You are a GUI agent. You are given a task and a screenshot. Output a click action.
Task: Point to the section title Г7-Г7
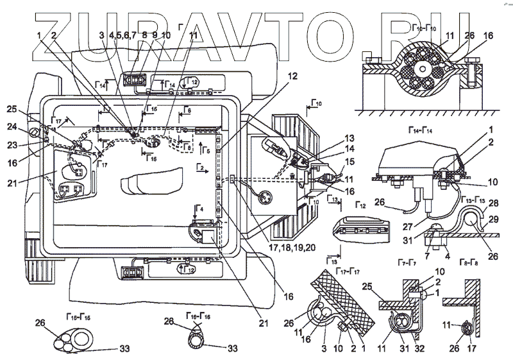point(423,264)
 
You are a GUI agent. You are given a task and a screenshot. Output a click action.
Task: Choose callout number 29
point(492,219)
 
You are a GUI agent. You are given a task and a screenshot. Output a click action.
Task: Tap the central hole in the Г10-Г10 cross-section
point(423,69)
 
